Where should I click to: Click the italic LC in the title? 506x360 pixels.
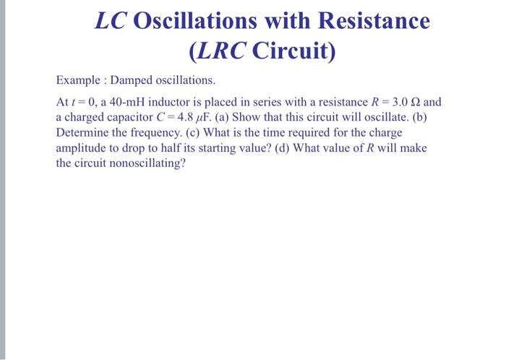pos(111,21)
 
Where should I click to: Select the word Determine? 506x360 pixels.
pos(80,132)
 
